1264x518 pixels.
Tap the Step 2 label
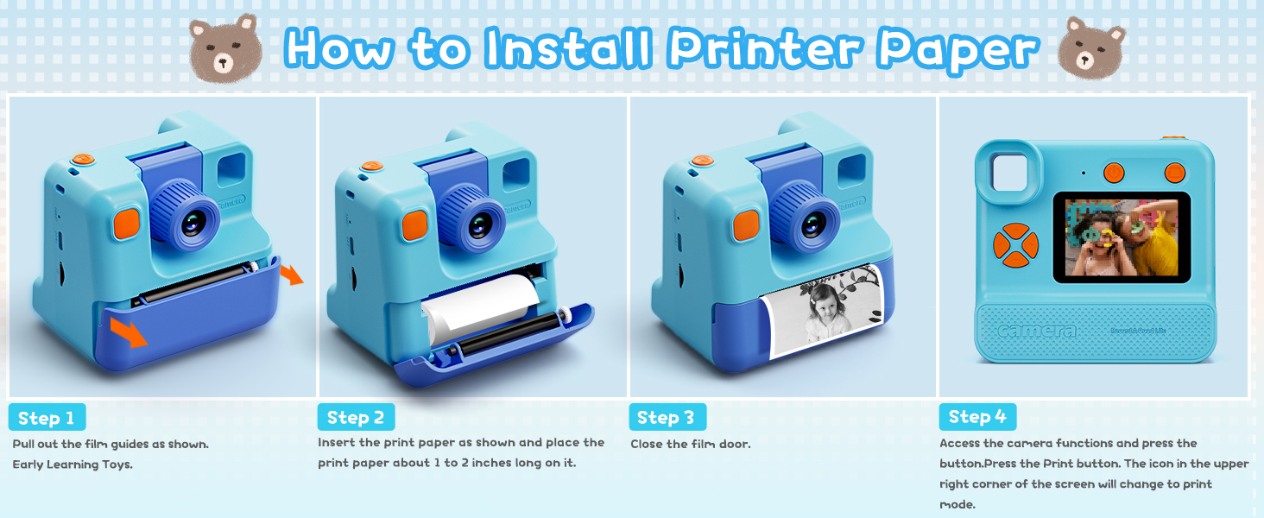[356, 418]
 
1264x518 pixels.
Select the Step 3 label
[666, 418]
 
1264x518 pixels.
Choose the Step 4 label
[977, 417]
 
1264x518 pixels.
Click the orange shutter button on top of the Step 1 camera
[83, 160]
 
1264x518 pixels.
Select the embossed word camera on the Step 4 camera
[1037, 332]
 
